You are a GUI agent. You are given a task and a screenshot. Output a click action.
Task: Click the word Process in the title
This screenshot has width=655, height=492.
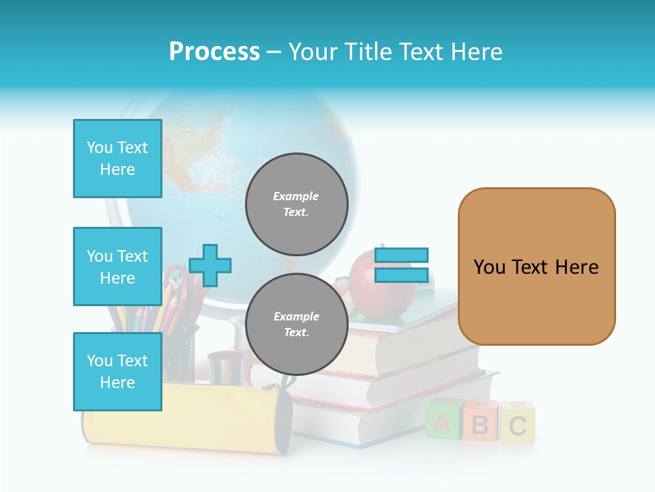click(x=214, y=52)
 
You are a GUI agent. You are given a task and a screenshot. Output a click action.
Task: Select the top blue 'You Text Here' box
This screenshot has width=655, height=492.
click(x=117, y=159)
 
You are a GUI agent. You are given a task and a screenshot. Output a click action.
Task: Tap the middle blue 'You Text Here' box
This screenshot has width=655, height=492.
click(x=117, y=266)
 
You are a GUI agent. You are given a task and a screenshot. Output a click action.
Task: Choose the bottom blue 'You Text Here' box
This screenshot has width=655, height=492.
click(x=117, y=372)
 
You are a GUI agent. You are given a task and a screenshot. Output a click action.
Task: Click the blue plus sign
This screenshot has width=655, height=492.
click(x=210, y=265)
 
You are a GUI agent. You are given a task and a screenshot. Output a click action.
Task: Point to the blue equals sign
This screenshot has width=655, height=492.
click(x=401, y=265)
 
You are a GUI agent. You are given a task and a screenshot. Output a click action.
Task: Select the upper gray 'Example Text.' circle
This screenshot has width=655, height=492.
click(x=296, y=204)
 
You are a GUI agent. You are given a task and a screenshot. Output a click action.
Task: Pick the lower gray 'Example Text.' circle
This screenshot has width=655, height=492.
click(x=296, y=325)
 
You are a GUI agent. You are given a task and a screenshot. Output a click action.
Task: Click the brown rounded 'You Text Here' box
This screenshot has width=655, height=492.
click(x=536, y=266)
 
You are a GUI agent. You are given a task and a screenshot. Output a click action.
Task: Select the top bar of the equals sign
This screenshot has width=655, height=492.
click(x=401, y=255)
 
